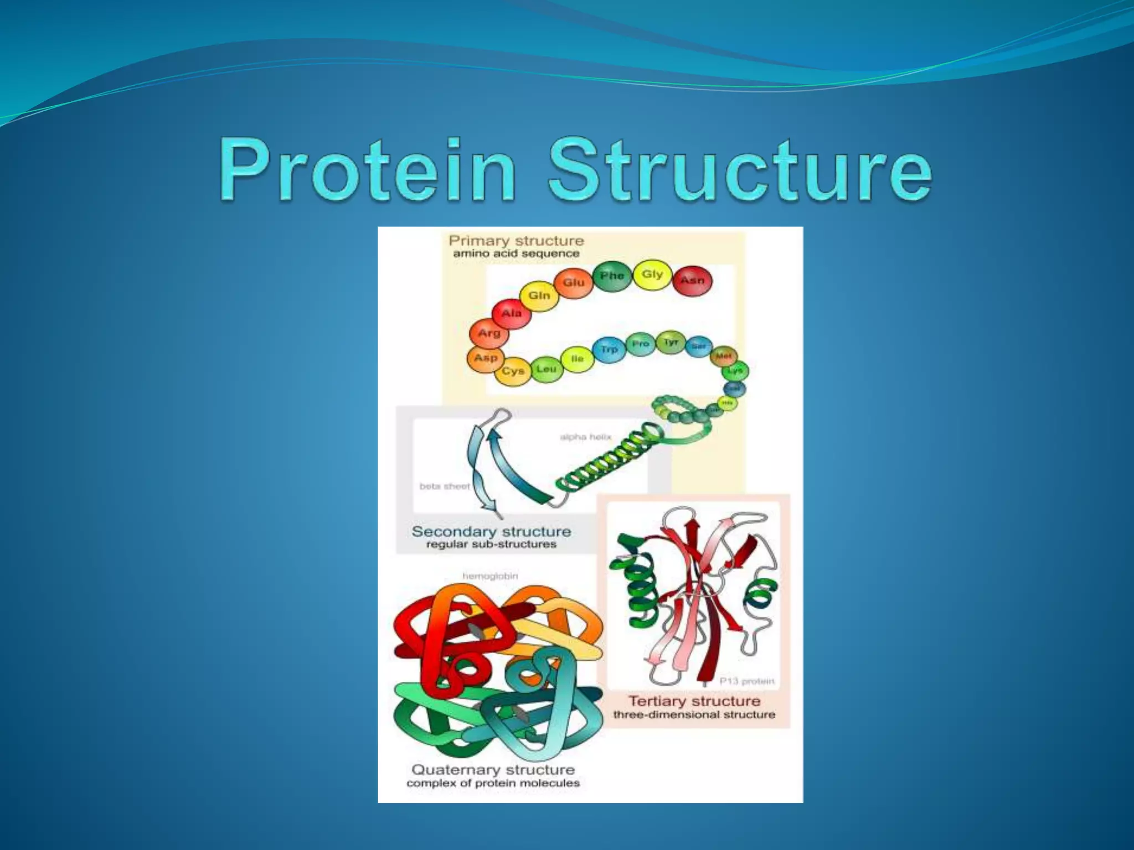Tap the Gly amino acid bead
652,274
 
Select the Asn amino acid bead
692,281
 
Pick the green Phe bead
612,276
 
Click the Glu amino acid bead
574,283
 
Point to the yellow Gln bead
539,296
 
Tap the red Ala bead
511,314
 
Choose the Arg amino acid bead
489,333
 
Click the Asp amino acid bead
486,358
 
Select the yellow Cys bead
513,371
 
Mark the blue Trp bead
609,350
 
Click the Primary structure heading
516,241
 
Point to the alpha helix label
585,437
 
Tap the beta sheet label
445,486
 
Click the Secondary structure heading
491,532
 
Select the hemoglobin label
490,576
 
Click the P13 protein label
746,681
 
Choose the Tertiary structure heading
694,701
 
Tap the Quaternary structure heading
493,770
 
